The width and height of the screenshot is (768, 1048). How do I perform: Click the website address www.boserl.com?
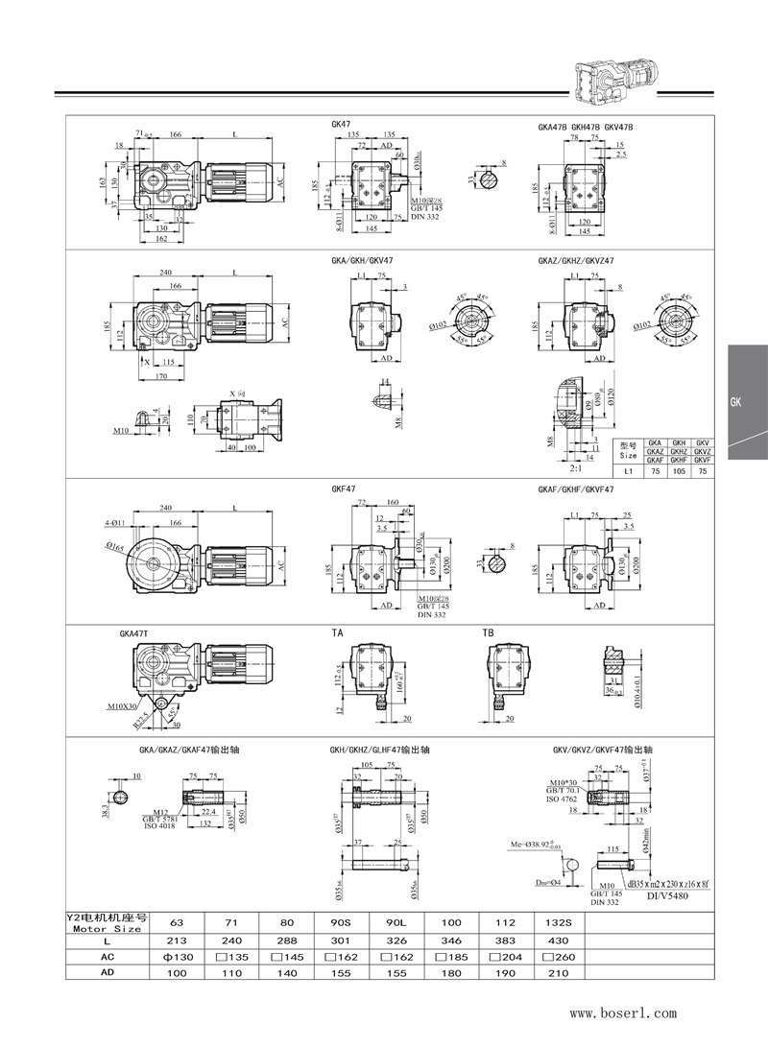point(624,1012)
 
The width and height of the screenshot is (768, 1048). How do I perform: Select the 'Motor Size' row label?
point(105,928)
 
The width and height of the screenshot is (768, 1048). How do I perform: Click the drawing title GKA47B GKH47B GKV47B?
point(585,128)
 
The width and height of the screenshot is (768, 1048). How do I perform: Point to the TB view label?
point(487,633)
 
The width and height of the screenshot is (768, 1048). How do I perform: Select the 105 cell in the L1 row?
point(678,471)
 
